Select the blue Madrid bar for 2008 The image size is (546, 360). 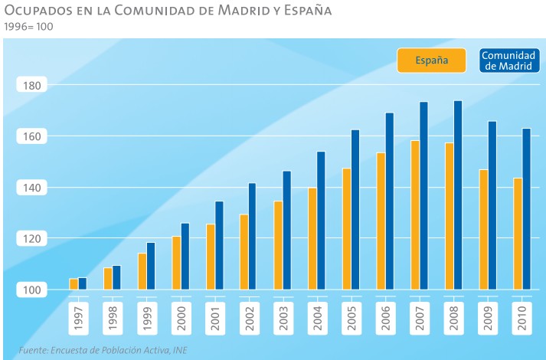coord(458,195)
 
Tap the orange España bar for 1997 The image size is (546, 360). coord(74,284)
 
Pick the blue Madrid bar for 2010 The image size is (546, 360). coord(526,208)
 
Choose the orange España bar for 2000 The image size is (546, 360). coord(176,263)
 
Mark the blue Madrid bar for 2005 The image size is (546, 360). coord(355,209)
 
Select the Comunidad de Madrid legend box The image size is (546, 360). coord(508,61)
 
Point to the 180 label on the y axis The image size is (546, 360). coord(31,85)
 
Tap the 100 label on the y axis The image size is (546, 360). coord(31,290)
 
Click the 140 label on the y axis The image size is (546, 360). coord(31,188)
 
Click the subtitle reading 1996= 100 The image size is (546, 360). coord(28,27)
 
